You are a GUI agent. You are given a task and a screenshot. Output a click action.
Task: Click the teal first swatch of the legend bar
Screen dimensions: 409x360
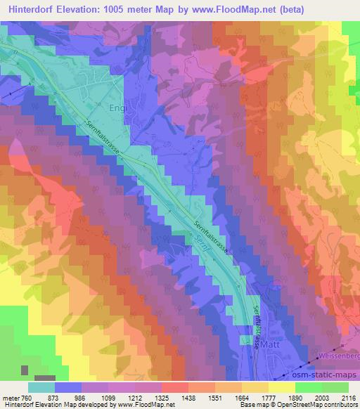coord(41,387)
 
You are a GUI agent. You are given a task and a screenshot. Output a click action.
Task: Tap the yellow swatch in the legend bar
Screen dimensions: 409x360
coord(281,387)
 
